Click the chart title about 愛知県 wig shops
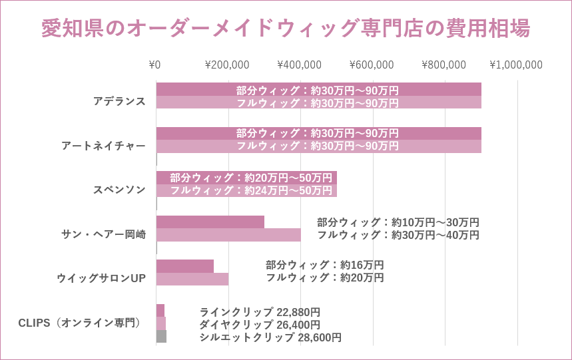pos(286,29)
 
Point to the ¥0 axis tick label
pos(154,65)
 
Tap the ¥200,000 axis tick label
pos(227,65)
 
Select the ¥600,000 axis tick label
pos(372,65)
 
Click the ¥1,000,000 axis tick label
pos(516,65)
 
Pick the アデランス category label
pos(119,101)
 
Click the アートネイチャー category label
pos(103,146)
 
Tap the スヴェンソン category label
pos(119,190)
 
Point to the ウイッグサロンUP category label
pos(101,278)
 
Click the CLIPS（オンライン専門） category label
pos(80,323)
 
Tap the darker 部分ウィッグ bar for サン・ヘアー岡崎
pos(210,222)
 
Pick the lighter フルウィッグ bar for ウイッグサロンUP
pos(192,279)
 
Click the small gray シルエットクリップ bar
pos(161,336)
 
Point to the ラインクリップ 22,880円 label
pos(260,312)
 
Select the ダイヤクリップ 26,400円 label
pos(260,325)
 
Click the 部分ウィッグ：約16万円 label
pos(324,265)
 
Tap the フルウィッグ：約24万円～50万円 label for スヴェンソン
pos(250,190)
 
